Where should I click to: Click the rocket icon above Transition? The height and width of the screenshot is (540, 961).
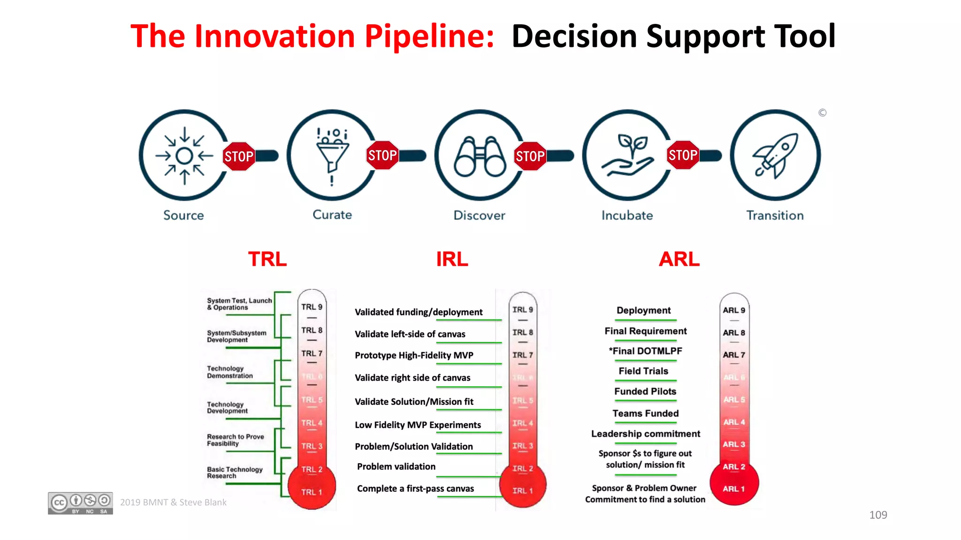pos(775,155)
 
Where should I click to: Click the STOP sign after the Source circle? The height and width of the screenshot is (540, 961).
pos(238,156)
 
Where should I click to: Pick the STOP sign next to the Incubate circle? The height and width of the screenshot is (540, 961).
pos(682,155)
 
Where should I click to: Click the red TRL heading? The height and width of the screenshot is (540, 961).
pos(267,259)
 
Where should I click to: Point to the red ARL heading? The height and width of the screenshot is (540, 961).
pos(679,259)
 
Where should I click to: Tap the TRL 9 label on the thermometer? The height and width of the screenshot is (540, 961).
pos(312,307)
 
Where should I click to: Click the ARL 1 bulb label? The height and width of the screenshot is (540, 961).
pos(733,489)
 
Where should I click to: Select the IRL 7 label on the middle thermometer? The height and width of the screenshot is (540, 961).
pos(522,355)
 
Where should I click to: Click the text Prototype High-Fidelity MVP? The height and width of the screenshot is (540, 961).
pos(414,355)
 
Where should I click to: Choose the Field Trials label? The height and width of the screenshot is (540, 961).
pos(643,371)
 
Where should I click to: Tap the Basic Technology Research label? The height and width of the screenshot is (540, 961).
pos(235,472)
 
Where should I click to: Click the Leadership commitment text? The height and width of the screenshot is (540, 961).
pos(645,434)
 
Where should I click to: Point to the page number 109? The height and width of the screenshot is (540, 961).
pos(877,515)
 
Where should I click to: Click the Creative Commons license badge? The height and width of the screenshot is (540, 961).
pos(80,503)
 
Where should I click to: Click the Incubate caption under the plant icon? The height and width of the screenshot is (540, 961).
pos(627,216)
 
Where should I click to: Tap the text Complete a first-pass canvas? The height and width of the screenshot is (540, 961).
pos(415,488)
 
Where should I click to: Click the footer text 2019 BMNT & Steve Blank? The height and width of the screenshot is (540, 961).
pos(173,502)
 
